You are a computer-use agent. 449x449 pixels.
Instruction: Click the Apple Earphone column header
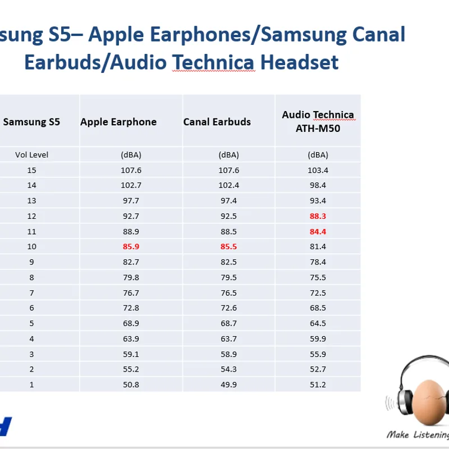(x=118, y=122)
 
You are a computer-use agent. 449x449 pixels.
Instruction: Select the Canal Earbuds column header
(x=217, y=122)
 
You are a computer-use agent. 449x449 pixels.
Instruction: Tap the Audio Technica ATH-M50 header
(x=318, y=121)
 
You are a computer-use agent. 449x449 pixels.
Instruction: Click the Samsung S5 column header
(x=31, y=122)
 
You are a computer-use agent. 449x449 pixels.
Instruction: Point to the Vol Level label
(x=31, y=155)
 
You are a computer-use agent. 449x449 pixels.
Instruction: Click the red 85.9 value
(x=131, y=246)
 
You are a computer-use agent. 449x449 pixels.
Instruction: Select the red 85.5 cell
(x=228, y=246)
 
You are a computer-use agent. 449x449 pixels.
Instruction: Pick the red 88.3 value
(x=318, y=216)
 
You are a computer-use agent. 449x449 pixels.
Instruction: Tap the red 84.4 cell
(x=318, y=232)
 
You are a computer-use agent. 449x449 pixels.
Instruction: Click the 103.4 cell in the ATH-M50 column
(x=318, y=171)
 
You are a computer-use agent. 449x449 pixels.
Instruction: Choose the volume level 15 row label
(x=31, y=171)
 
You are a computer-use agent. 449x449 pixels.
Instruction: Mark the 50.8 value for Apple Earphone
(x=131, y=384)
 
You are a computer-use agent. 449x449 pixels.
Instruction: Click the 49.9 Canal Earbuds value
(x=228, y=384)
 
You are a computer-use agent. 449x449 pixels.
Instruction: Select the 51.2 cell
(x=318, y=384)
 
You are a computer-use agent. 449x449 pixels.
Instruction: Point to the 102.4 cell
(x=228, y=185)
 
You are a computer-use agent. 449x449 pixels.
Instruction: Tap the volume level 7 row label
(x=31, y=293)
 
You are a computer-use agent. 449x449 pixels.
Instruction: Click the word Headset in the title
(x=299, y=62)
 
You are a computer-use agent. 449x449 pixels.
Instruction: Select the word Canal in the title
(x=378, y=34)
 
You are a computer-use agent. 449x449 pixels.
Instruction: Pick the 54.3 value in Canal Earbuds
(x=228, y=369)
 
